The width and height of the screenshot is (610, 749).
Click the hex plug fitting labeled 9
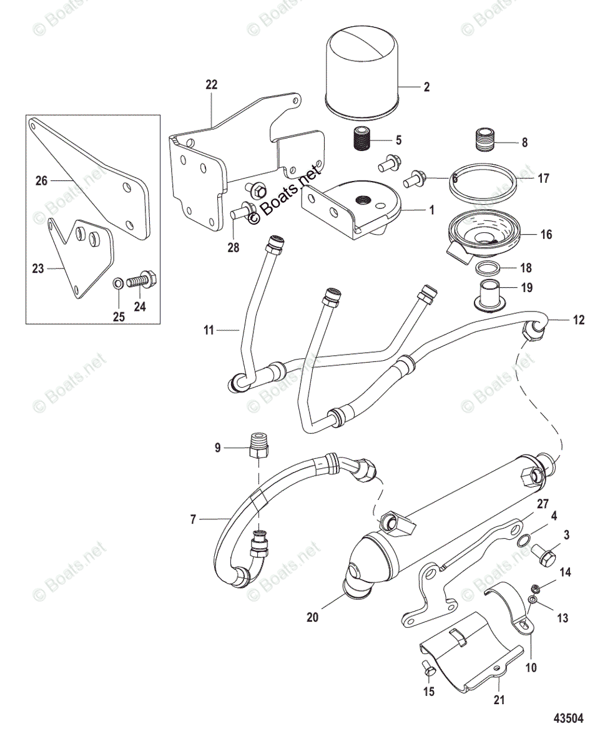pyautogui.click(x=258, y=445)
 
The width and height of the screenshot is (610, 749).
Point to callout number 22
pyautogui.click(x=211, y=85)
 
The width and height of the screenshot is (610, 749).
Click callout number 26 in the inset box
pyautogui.click(x=41, y=182)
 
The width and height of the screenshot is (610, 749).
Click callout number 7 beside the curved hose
pyautogui.click(x=194, y=519)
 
